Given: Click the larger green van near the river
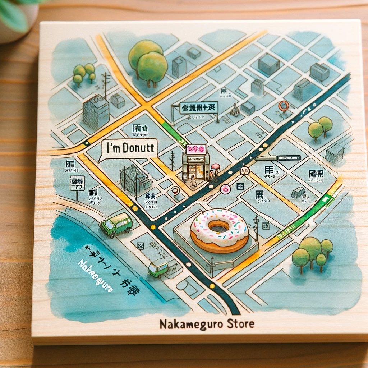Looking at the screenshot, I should tap(116, 225).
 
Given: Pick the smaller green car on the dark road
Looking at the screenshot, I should tap(158, 268).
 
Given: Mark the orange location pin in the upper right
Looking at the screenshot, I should tap(284, 106).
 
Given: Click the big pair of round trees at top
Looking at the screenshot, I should tap(148, 62).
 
